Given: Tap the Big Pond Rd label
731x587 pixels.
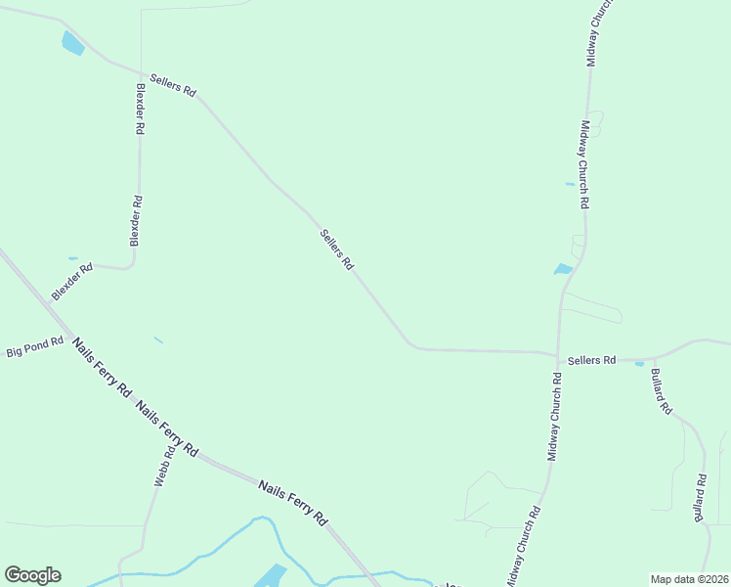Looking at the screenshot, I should coord(34,347).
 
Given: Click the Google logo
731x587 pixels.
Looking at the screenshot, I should coord(32,575).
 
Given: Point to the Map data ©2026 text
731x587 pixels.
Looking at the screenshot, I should coord(689,579).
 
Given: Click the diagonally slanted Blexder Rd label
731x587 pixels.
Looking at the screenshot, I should coord(72,280).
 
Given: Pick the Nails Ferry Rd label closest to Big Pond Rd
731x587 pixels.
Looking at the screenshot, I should coord(102,367).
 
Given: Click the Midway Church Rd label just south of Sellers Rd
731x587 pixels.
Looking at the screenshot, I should coord(555,416).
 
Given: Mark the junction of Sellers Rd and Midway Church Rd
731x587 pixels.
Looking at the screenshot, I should coord(557,354).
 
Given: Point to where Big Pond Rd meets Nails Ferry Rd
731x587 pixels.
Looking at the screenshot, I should coord(66,335).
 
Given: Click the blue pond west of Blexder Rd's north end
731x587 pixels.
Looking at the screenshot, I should coord(72,43).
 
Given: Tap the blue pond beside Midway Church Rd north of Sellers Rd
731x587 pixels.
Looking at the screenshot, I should coord(563,269).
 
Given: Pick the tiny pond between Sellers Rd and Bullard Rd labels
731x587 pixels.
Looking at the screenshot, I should coord(639,364).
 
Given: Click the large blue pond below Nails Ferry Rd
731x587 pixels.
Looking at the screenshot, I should coord(271,576).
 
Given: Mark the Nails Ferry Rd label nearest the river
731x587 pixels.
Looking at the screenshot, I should coord(292,502).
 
